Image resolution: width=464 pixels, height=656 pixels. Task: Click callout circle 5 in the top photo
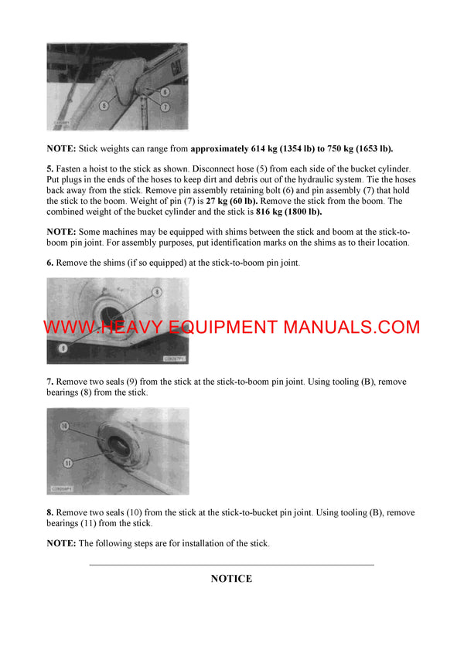(x=104, y=106)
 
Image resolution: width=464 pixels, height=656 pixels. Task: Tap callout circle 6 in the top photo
(x=165, y=93)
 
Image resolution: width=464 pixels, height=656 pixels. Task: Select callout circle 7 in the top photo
(x=165, y=107)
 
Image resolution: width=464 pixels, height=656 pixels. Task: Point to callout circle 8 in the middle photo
(x=155, y=291)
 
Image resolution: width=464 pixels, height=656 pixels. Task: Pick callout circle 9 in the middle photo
(x=63, y=348)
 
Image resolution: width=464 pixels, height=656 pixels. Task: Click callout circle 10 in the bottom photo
(x=65, y=426)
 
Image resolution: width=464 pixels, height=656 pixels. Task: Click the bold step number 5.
(x=50, y=168)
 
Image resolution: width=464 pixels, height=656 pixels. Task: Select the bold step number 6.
(x=50, y=263)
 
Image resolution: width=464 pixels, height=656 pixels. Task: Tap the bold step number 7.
(x=50, y=382)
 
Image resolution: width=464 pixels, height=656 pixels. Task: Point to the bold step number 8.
(x=50, y=512)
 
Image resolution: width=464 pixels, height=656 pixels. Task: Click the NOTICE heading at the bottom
(x=231, y=578)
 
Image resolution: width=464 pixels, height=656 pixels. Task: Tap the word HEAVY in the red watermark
(x=154, y=327)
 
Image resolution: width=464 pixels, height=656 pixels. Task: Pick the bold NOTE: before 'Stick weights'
(x=61, y=148)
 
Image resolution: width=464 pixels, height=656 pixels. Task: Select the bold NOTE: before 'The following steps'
(x=61, y=543)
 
